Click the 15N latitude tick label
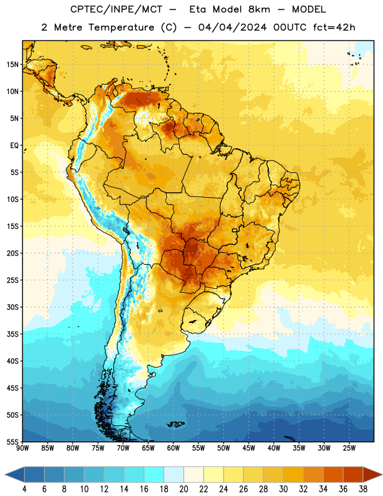12,64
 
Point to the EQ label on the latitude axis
14,146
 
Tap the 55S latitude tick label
12,442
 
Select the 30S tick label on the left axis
12,307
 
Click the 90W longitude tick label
22,448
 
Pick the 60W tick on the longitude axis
174,448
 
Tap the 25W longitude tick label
349,448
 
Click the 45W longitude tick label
249,448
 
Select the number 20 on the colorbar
183,489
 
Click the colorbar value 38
363,489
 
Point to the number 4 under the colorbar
24,489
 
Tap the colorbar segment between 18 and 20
174,474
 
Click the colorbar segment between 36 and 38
353,474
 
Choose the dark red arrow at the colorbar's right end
371,474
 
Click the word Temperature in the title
121,28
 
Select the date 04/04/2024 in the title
232,27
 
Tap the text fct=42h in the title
334,27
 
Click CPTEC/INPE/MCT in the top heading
117,9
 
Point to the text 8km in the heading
259,9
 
